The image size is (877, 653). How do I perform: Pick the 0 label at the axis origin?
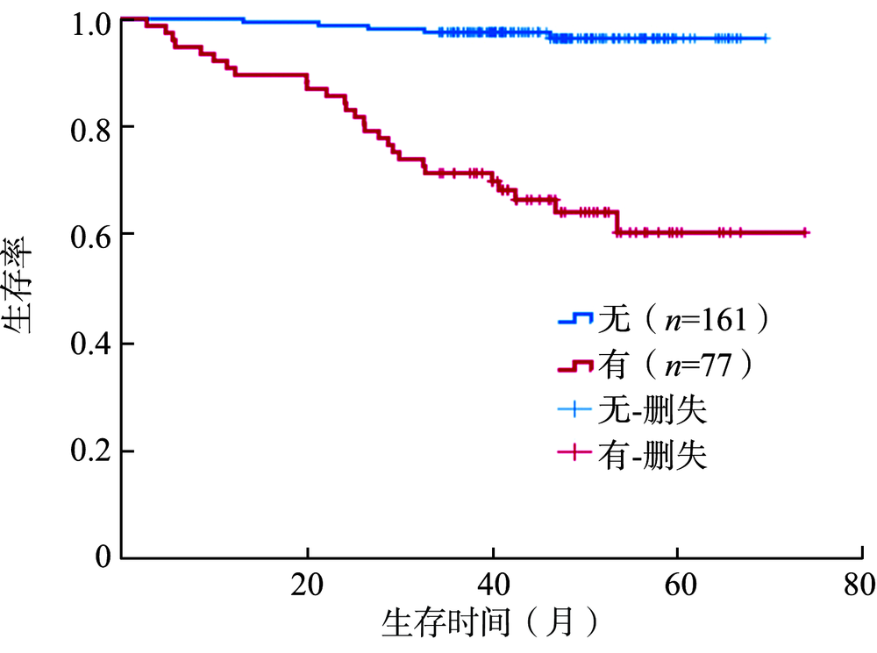coord(102,557)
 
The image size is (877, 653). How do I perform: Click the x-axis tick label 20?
coord(308,584)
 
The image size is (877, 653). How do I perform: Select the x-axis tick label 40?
coord(493,584)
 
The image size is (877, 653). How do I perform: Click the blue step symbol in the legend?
coord(576,320)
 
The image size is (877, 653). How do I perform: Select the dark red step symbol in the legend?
coord(576,365)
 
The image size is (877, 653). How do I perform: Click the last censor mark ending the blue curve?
coord(766,39)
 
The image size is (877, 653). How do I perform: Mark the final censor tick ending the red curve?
coord(805,232)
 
